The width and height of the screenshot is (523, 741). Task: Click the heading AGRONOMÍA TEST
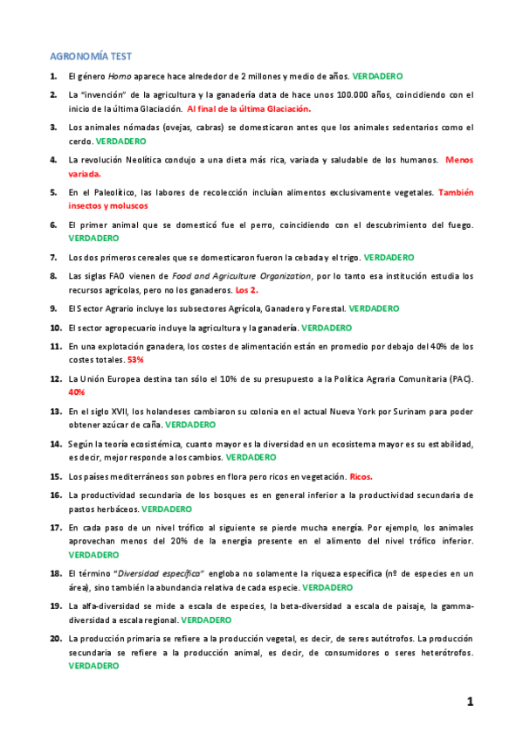pyautogui.click(x=90, y=56)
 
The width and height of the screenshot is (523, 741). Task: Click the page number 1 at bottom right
pyautogui.click(x=470, y=701)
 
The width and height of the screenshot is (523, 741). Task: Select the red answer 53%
pyautogui.click(x=135, y=359)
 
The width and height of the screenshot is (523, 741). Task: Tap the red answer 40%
pyautogui.click(x=77, y=392)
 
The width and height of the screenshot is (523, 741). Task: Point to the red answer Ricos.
pyautogui.click(x=361, y=477)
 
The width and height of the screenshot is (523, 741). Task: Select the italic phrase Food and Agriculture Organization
pyautogui.click(x=243, y=276)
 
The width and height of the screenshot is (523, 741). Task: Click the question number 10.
pyautogui.click(x=55, y=328)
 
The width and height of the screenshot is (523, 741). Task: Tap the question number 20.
pyautogui.click(x=55, y=639)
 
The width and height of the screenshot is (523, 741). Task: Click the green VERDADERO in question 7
pyautogui.click(x=389, y=257)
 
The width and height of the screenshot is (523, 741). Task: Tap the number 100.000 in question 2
pyautogui.click(x=332, y=95)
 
